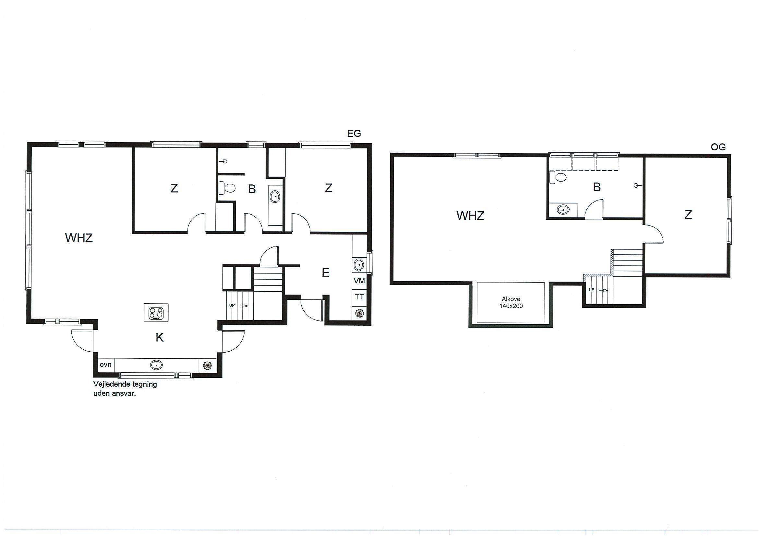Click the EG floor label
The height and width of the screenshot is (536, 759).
tap(354, 134)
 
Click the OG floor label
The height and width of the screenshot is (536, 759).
tap(718, 147)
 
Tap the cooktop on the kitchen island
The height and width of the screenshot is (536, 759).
tap(156, 312)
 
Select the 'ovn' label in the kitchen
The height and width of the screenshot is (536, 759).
tap(106, 365)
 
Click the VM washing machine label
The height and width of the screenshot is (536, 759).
tap(359, 281)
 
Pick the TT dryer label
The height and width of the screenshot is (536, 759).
tap(359, 297)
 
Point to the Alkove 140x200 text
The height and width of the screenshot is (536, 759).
tap(511, 302)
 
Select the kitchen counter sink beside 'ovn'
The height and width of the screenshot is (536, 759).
tap(156, 365)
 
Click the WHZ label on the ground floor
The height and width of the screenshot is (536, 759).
tap(79, 238)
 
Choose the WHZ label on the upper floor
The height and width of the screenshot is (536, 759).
tap(470, 216)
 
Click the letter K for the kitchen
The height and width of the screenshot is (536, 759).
tap(160, 338)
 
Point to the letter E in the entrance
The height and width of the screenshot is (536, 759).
tap(326, 273)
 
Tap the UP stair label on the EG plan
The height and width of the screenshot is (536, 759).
tap(232, 306)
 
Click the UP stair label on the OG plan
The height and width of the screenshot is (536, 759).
tap(591, 290)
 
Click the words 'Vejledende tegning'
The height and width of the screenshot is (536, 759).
tap(125, 384)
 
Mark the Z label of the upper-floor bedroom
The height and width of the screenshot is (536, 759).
tap(688, 215)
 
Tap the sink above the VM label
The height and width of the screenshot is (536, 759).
tap(359, 264)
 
